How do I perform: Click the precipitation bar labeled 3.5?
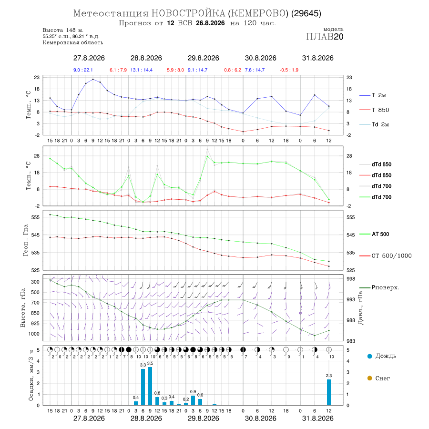point(150,386)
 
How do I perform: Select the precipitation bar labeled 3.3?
point(143,387)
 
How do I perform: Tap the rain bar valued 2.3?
point(328,392)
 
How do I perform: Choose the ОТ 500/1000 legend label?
point(385,256)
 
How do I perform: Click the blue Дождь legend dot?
point(369,356)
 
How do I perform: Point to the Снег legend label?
point(382,378)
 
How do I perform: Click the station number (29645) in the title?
point(306,13)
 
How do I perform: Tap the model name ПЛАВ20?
point(325,37)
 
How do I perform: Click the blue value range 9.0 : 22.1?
point(83,70)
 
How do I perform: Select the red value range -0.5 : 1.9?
point(289,70)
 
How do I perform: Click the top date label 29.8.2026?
point(203,58)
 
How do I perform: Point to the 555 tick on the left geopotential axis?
point(36,217)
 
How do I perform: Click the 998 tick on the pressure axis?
point(351,279)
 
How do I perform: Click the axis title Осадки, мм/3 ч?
point(31,376)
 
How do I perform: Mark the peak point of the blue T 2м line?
point(93,79)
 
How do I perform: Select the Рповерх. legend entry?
point(379,287)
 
